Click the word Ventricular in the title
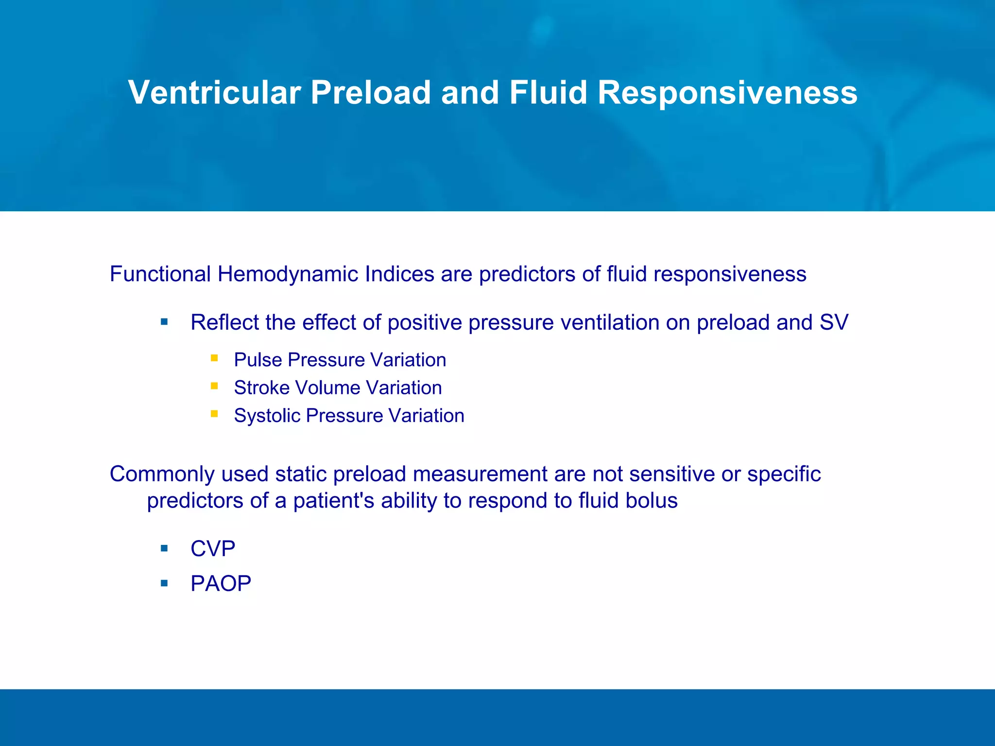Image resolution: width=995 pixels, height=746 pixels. coord(214,92)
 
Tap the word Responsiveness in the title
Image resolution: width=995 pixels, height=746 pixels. coord(727,92)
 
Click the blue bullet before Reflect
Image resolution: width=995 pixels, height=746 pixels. coord(164,322)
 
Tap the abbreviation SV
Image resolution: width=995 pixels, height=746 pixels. coord(834,322)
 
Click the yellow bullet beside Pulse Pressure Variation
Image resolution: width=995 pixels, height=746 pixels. coord(214,358)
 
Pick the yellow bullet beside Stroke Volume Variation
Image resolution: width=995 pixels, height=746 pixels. coord(214,386)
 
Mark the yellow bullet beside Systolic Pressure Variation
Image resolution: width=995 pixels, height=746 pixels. coord(214,414)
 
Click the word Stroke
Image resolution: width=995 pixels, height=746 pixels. coord(261,388)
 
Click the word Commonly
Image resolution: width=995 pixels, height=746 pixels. coord(162,475)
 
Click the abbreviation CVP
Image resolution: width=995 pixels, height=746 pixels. coord(213,549)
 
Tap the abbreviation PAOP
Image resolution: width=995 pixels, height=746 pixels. coord(221,583)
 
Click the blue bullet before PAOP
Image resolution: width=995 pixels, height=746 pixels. coord(164,583)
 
